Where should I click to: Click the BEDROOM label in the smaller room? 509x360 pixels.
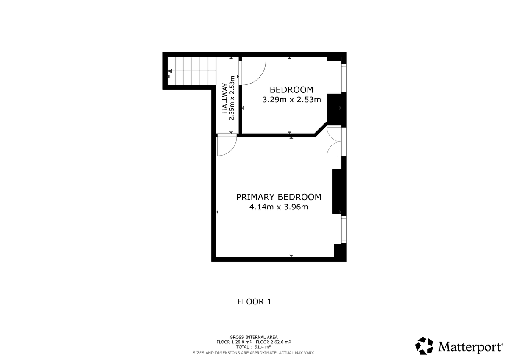tap(291, 90)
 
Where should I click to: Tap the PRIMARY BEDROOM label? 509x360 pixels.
tap(279, 197)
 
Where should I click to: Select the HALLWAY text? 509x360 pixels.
tap(224, 98)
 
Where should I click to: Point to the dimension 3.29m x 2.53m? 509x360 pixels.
tap(291, 100)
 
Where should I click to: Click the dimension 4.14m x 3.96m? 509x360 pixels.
tap(279, 207)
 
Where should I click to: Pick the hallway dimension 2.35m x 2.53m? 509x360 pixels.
tap(232, 98)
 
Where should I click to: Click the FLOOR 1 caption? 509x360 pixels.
tap(254, 301)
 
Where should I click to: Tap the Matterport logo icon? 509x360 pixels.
tap(424, 346)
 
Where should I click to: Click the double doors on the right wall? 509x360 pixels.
tap(335, 142)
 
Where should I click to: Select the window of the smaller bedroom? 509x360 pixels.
tap(344, 78)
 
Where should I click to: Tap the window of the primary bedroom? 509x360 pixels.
tap(344, 229)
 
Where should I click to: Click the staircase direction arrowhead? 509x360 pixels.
tap(170, 71)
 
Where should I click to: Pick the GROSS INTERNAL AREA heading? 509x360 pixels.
tap(254, 337)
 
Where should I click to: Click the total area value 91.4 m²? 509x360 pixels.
tap(263, 347)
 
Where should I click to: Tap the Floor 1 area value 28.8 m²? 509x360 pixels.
tap(243, 342)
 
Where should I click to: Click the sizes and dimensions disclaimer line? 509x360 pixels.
tap(254, 353)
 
